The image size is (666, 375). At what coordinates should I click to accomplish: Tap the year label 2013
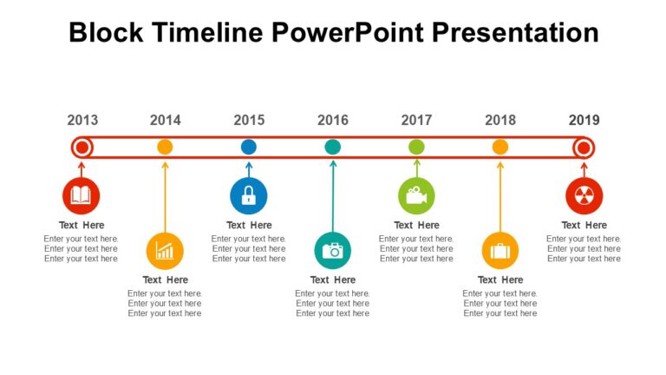tap(82, 121)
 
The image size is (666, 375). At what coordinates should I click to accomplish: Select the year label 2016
tap(333, 121)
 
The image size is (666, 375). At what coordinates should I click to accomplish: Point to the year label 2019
tap(584, 121)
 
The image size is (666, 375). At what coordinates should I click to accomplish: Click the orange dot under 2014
tap(165, 147)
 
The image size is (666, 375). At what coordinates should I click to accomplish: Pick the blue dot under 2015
tap(249, 147)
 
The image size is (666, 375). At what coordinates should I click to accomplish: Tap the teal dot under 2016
tap(333, 147)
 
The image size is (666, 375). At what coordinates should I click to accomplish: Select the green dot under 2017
tap(416, 147)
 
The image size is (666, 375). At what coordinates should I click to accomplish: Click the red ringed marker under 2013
tap(82, 147)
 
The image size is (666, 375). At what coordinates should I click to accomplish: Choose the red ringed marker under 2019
tap(584, 147)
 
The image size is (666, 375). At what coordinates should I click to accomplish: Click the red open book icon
tap(82, 195)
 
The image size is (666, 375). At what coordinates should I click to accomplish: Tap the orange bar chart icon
tap(165, 251)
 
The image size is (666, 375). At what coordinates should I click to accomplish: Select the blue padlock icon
tap(249, 195)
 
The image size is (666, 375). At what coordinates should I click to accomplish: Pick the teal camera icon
tap(333, 251)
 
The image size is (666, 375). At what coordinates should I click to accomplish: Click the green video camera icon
tap(416, 195)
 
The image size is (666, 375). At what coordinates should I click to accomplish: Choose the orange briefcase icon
tap(500, 251)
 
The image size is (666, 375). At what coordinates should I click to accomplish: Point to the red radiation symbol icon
tap(584, 195)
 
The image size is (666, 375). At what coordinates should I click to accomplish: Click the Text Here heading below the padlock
tap(249, 225)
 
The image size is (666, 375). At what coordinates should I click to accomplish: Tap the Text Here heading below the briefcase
tap(500, 280)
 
